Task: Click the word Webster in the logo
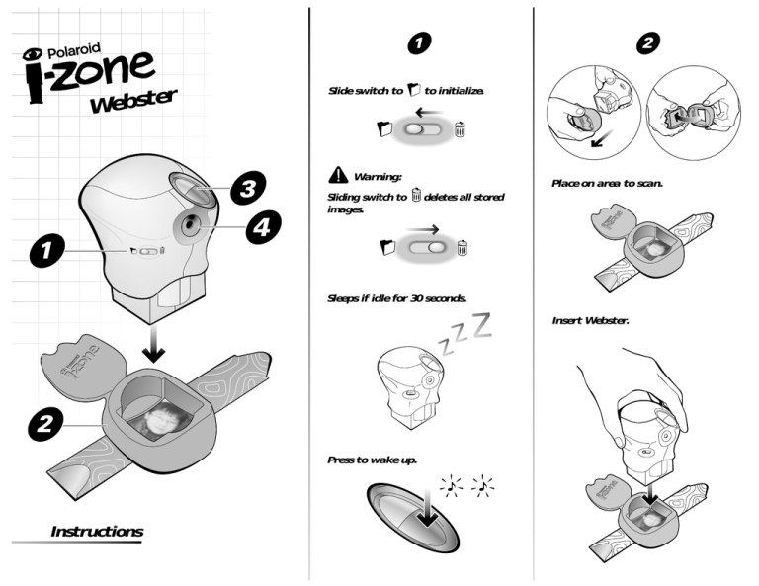tap(134, 101)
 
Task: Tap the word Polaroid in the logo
tap(73, 50)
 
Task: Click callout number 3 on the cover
tap(248, 188)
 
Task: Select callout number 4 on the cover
tap(263, 226)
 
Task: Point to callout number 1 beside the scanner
tap(47, 250)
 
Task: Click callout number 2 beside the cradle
tap(45, 424)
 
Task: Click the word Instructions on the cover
tap(97, 532)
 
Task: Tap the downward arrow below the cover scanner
tap(154, 344)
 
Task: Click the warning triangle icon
tap(338, 175)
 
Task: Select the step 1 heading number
tap(419, 43)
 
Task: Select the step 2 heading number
tap(647, 43)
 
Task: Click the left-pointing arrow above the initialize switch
tap(429, 114)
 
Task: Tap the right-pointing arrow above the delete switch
tap(423, 229)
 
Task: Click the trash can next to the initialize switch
tap(460, 129)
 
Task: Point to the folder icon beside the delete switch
tap(387, 247)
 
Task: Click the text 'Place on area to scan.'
tap(607, 184)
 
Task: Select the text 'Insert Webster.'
tap(591, 320)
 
